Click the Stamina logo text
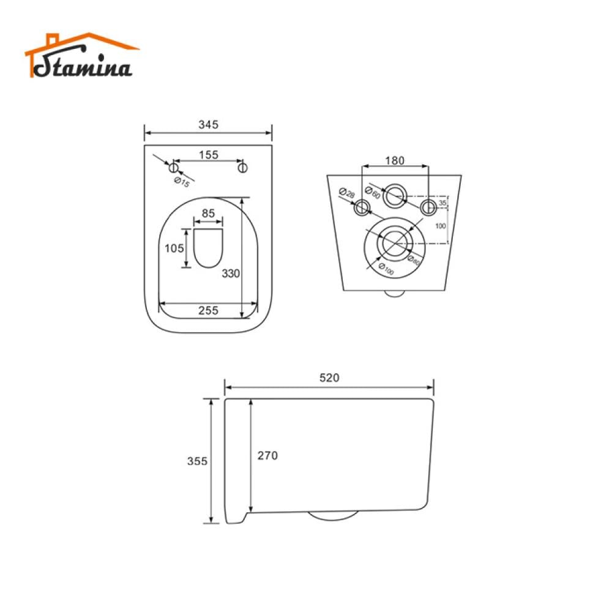click(83, 65)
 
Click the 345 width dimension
click(209, 124)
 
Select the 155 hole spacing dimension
click(209, 155)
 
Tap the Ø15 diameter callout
click(182, 182)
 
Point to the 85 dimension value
click(209, 213)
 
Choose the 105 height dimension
click(174, 248)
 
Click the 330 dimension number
click(231, 274)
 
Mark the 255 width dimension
click(209, 311)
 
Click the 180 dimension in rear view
click(395, 161)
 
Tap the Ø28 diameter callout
click(346, 193)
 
